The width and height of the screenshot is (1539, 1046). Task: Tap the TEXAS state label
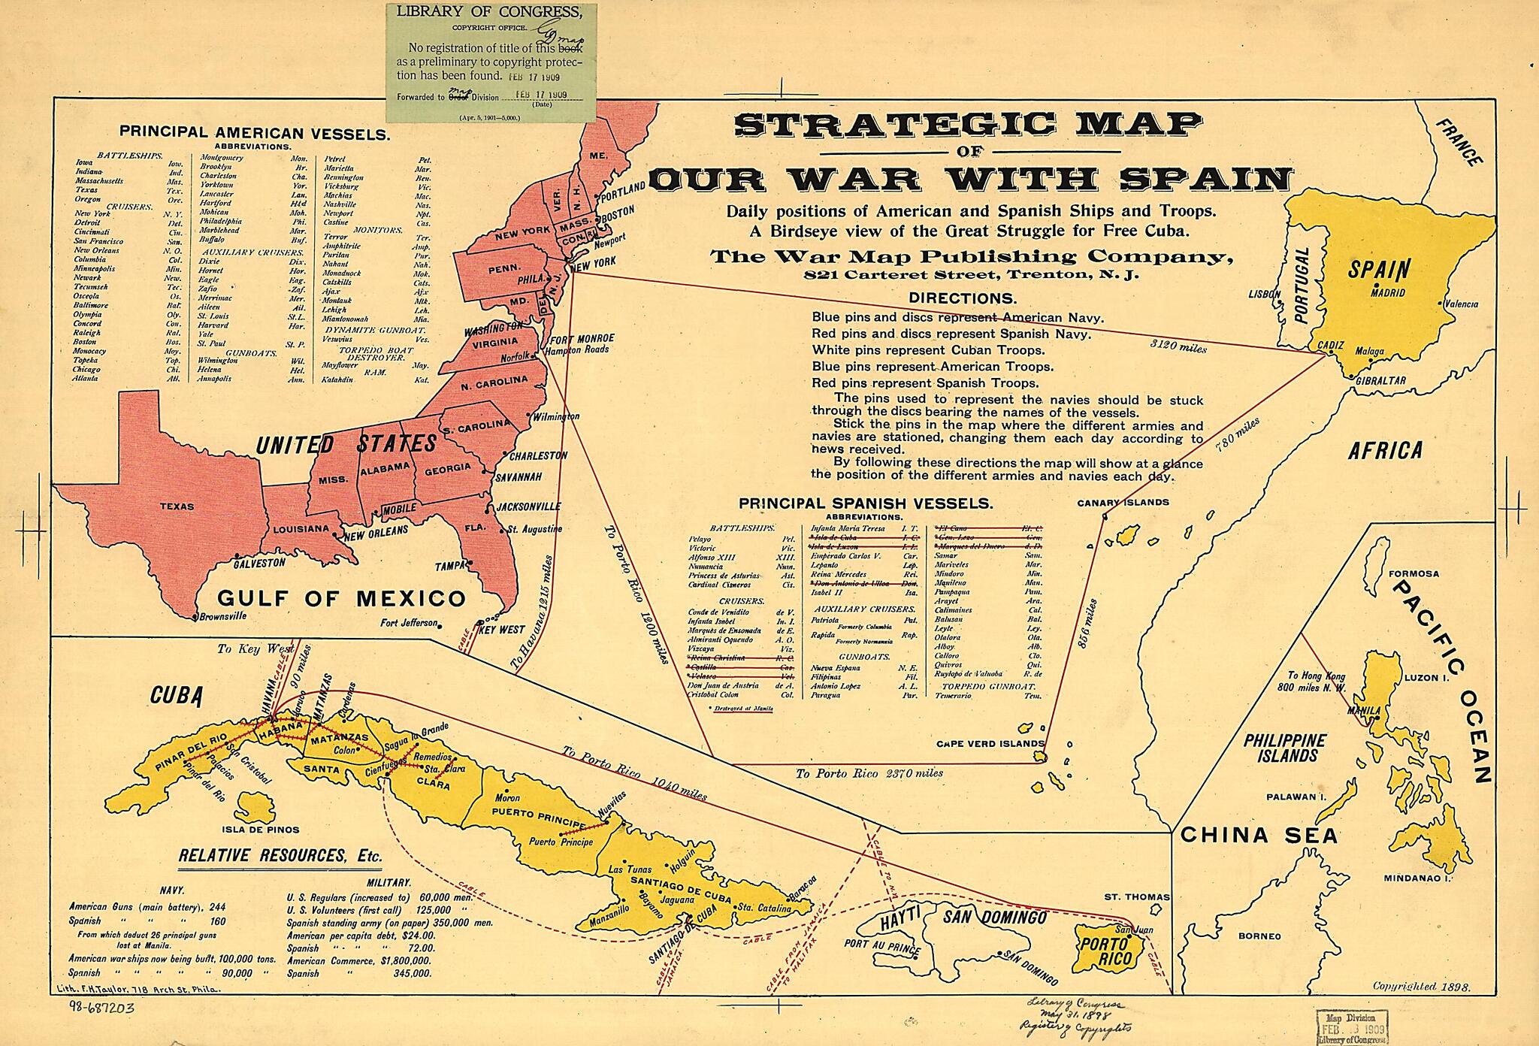[x=177, y=506]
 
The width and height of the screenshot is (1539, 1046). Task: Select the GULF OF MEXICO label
[x=342, y=599]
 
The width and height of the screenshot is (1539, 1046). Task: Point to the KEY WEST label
[x=502, y=630]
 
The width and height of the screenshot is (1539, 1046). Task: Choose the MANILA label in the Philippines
[x=1364, y=710]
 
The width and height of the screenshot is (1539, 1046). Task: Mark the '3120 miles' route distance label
[x=1178, y=346]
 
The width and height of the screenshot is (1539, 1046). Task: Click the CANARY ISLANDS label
[x=1123, y=502]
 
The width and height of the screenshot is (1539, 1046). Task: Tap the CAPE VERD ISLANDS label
[x=990, y=744]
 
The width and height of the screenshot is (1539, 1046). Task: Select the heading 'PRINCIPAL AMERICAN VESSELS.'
[x=255, y=134]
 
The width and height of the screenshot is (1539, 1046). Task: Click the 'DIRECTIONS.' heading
[x=963, y=298]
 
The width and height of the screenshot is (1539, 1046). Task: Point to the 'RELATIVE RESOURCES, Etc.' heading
[x=280, y=855]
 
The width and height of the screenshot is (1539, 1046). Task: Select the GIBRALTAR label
[x=1380, y=381]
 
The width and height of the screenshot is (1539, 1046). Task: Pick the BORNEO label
[x=1259, y=936]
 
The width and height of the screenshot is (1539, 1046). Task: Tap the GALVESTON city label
[x=259, y=562]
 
